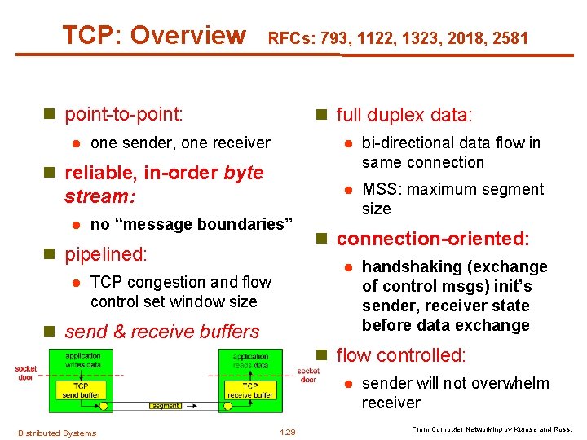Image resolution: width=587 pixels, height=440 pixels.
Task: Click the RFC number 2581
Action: pyautogui.click(x=510, y=37)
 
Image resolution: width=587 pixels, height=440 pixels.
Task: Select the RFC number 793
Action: pyautogui.click(x=333, y=37)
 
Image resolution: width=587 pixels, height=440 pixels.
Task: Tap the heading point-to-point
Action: pyautogui.click(x=123, y=112)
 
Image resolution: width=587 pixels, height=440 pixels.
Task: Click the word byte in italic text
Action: pyautogui.click(x=243, y=173)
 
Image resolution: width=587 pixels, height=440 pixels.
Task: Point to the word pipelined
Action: pyautogui.click(x=105, y=253)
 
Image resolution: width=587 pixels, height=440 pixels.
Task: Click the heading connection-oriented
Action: pyautogui.click(x=433, y=239)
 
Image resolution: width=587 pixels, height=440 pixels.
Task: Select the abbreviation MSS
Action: pyautogui.click(x=379, y=189)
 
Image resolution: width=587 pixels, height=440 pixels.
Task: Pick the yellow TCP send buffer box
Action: pyautogui.click(x=81, y=389)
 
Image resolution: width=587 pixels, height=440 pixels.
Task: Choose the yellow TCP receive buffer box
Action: pyautogui.click(x=249, y=389)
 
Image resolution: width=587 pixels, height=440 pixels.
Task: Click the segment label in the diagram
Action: pyautogui.click(x=166, y=406)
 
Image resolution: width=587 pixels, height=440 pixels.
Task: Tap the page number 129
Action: pyautogui.click(x=287, y=432)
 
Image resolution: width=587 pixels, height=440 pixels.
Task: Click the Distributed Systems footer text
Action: pyautogui.click(x=57, y=433)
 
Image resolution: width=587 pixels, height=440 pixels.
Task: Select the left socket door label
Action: pyautogui.click(x=26, y=373)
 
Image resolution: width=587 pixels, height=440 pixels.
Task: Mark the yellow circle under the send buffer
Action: pyautogui.click(x=104, y=405)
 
